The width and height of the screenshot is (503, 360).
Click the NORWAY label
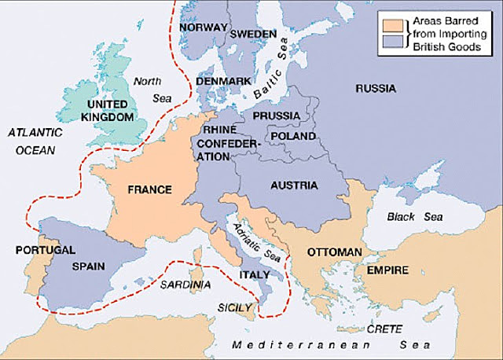(x=203, y=27)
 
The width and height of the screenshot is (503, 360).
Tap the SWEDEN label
(x=252, y=35)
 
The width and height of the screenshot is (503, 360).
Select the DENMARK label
(x=225, y=80)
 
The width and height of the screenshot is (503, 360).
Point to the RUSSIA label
(x=375, y=89)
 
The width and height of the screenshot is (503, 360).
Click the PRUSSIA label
(x=276, y=116)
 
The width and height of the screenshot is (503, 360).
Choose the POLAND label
(x=292, y=136)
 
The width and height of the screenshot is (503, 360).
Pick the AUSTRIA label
(x=292, y=186)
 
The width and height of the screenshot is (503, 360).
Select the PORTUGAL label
(x=45, y=250)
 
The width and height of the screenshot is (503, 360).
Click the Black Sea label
(x=415, y=216)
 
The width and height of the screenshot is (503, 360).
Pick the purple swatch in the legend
(x=391, y=40)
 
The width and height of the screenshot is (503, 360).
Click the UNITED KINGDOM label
(x=108, y=110)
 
